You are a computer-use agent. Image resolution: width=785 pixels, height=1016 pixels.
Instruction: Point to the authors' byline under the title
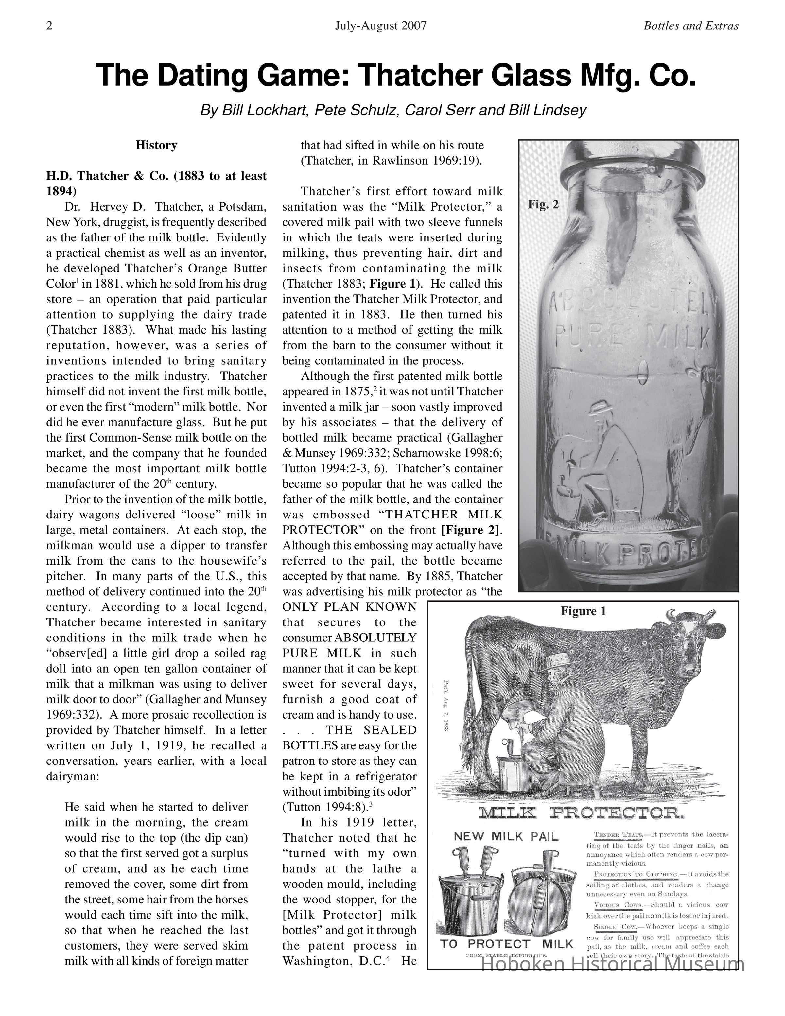tap(393, 110)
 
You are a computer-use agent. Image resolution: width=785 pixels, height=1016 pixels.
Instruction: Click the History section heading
tap(156, 145)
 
